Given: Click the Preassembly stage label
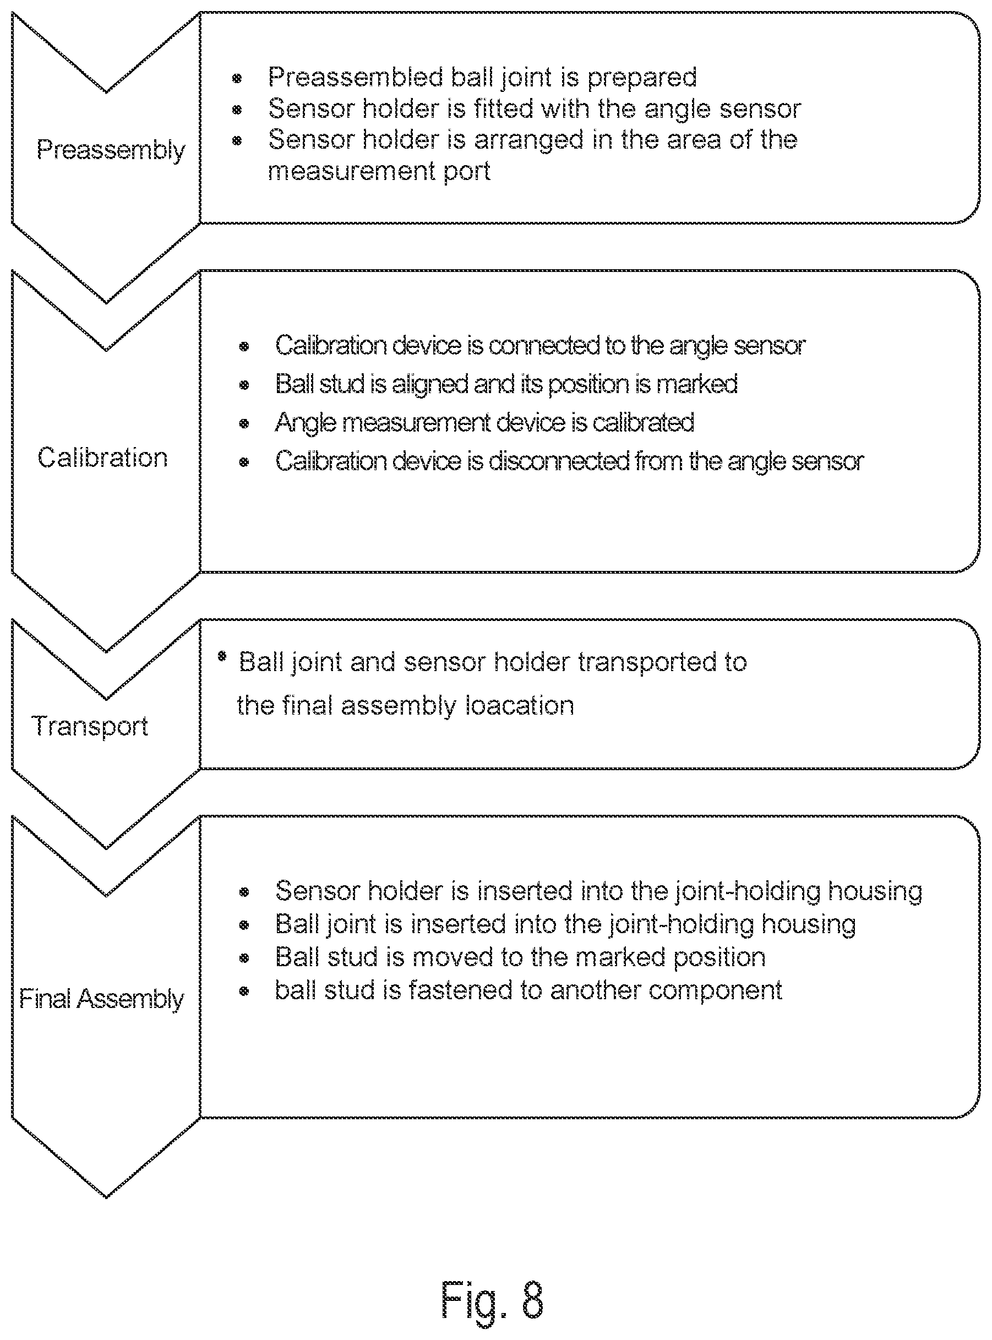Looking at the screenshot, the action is (111, 150).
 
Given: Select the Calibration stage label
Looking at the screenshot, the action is (103, 458).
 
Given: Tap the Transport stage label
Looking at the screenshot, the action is (90, 727).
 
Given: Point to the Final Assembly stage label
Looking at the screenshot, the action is (101, 999).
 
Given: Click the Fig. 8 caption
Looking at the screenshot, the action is (492, 1300).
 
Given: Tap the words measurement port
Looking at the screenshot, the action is (379, 172).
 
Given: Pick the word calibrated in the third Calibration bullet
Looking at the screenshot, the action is (643, 423).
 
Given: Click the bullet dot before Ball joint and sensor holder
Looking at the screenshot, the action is (222, 656).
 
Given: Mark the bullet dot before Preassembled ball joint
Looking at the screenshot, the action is (237, 78).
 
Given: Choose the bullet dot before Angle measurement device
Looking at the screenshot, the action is (244, 424).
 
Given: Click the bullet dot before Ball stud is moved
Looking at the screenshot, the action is (244, 958).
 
